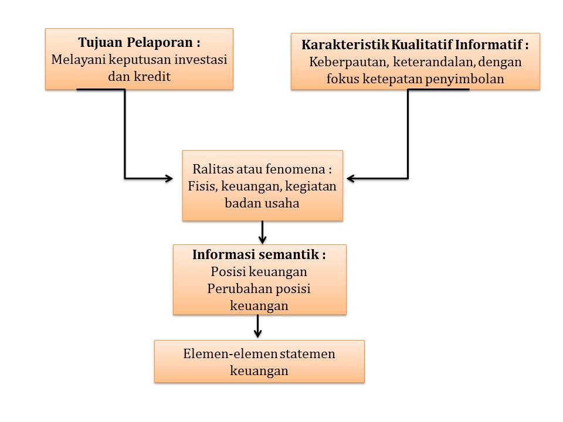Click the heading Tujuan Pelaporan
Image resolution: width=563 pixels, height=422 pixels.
[139, 43]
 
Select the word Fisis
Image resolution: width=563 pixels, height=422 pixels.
[201, 186]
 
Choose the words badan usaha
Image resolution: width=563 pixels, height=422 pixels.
[262, 203]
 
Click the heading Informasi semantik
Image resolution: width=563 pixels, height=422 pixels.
[259, 256]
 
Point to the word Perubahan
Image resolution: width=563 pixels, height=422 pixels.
[238, 289]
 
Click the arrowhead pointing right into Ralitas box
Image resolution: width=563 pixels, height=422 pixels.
[169, 178]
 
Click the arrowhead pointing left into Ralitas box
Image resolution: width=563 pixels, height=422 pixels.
[351, 178]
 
